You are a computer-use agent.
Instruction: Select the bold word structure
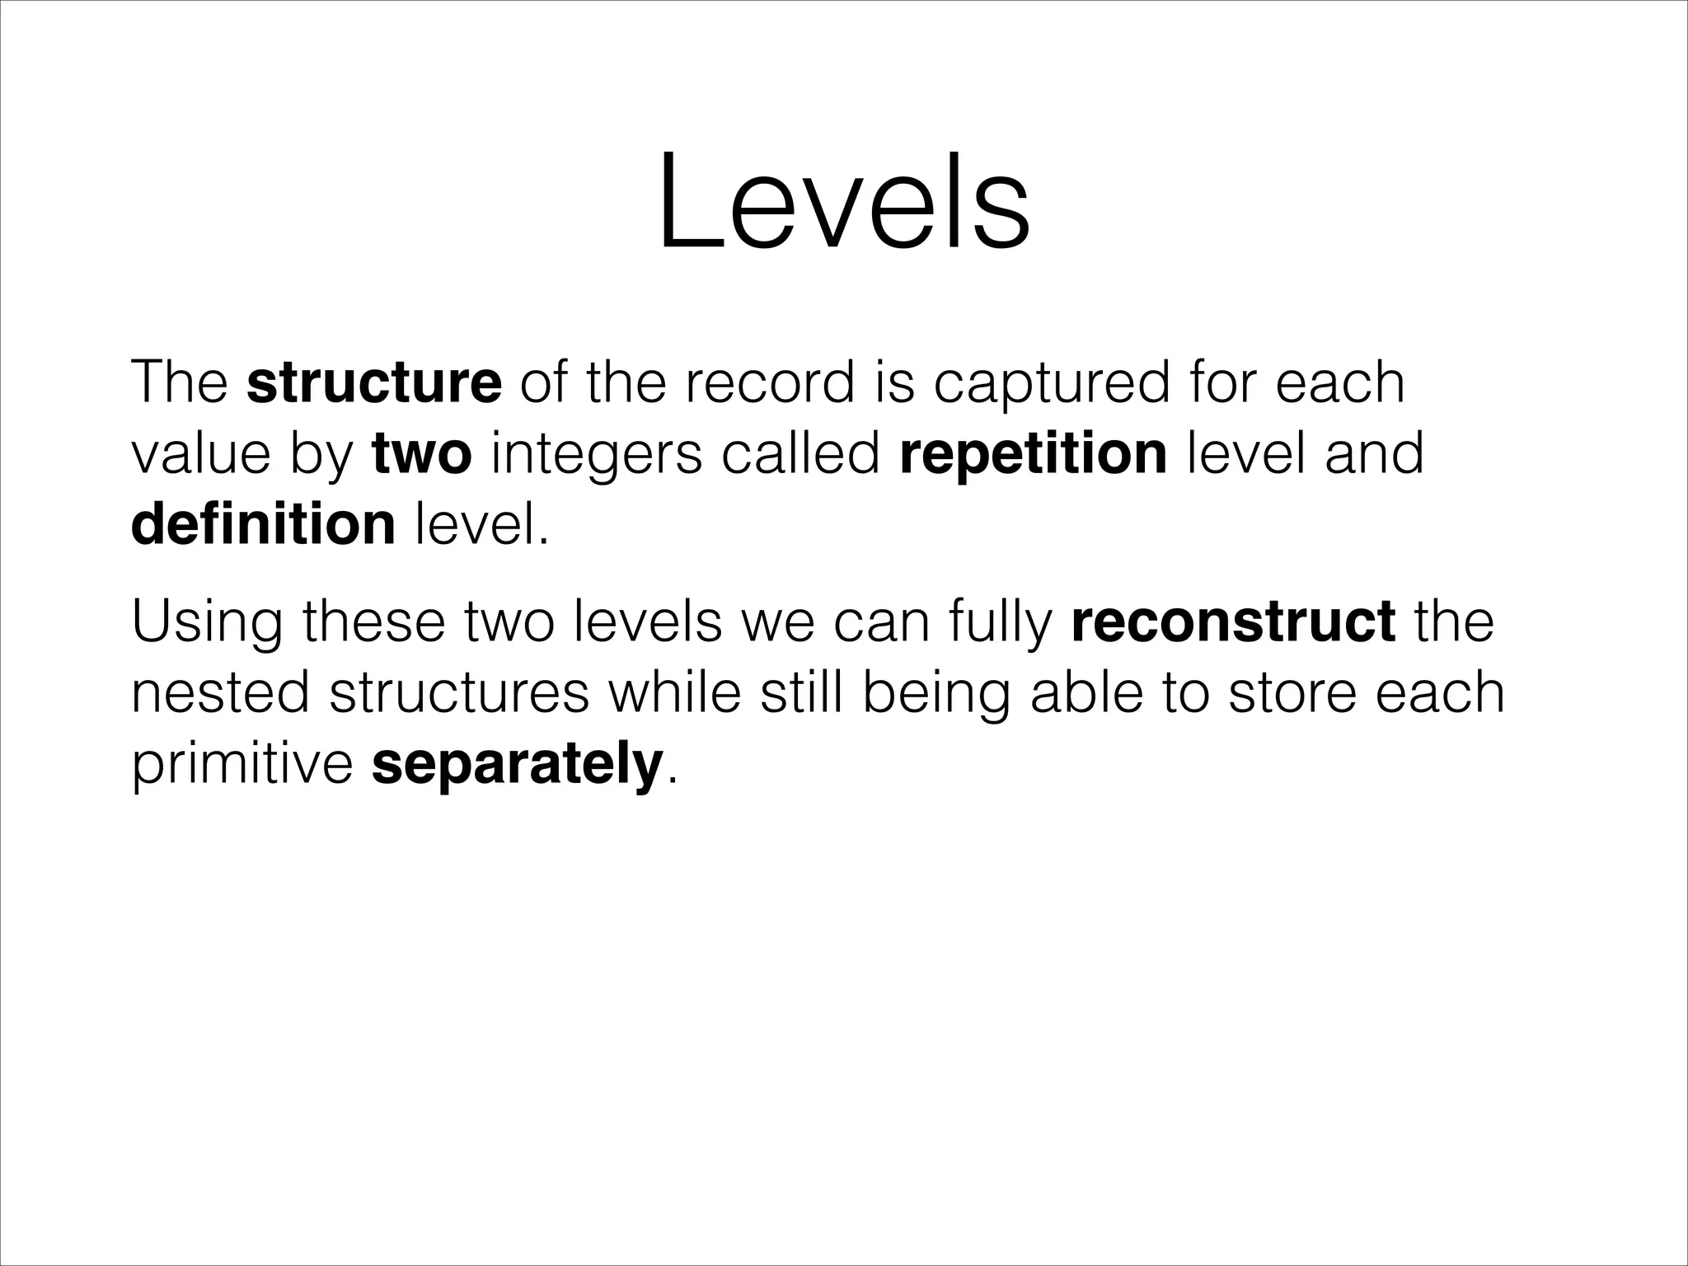click(x=373, y=382)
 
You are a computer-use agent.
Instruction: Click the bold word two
click(x=422, y=454)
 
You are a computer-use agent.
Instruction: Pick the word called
click(x=800, y=454)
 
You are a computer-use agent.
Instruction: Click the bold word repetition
click(x=1034, y=454)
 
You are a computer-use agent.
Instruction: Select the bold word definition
click(x=263, y=525)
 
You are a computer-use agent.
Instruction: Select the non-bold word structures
click(x=459, y=693)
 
